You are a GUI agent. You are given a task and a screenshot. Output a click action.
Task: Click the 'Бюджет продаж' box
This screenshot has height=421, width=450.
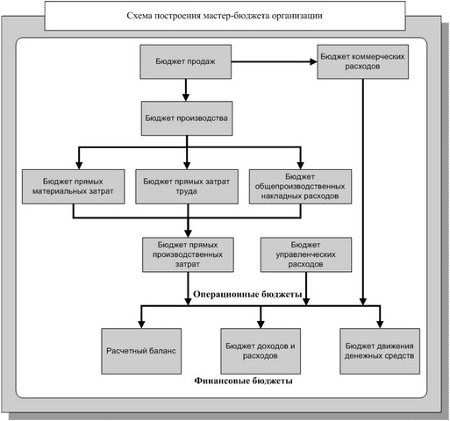point(186,61)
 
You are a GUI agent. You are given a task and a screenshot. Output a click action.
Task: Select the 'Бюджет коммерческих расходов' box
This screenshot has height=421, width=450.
point(363,61)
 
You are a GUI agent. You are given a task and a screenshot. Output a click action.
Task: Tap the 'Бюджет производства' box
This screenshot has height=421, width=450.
point(187,118)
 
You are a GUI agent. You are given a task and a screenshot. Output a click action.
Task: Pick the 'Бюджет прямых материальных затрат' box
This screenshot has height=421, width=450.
point(74,187)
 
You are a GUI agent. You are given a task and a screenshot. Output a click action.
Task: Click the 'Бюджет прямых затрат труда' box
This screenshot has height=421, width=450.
point(187,187)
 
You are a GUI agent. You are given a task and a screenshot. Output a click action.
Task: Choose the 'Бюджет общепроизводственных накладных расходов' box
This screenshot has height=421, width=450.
point(300,187)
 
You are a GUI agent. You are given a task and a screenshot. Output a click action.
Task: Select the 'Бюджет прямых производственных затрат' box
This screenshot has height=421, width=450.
point(188,254)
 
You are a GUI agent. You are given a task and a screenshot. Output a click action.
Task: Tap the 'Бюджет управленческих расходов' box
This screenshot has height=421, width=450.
point(306,254)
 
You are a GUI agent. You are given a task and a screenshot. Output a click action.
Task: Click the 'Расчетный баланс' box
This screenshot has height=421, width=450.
point(141,351)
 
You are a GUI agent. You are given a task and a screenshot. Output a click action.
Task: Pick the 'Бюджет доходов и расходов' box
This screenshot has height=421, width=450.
point(261,351)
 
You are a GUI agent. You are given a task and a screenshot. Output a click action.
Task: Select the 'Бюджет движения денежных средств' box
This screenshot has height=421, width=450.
point(380,351)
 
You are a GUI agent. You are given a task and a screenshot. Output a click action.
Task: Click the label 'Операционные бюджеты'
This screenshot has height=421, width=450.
point(247,294)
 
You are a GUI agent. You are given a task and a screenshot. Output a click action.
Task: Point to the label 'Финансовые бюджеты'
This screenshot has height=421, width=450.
point(243,381)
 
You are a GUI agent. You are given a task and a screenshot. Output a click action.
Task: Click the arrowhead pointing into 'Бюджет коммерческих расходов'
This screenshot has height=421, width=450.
point(314,61)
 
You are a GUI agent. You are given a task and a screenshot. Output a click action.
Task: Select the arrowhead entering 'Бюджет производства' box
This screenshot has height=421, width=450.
point(186,97)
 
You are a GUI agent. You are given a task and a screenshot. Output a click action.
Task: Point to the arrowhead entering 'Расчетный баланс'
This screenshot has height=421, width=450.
point(141,325)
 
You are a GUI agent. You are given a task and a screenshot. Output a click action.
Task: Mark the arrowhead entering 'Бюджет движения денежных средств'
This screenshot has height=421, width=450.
point(380,325)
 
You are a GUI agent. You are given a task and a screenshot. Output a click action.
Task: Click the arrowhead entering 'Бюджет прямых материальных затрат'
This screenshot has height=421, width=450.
point(79,166)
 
